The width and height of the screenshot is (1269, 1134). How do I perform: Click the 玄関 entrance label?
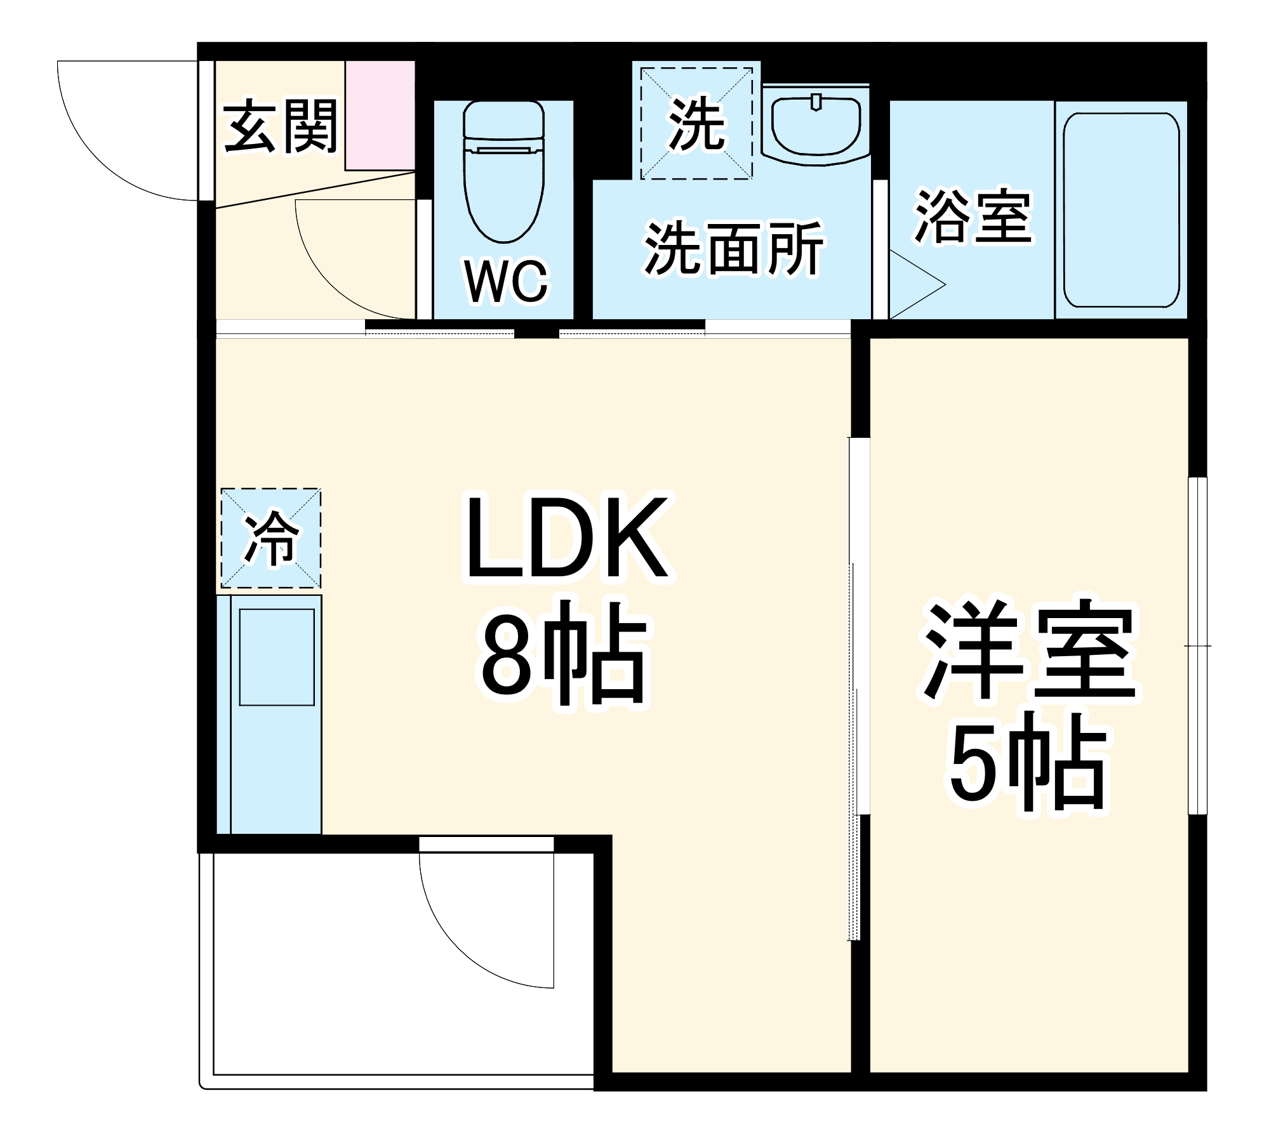tap(280, 126)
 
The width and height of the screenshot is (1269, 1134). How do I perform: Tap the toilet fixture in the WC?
tap(504, 171)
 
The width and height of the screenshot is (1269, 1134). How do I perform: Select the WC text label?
tap(506, 281)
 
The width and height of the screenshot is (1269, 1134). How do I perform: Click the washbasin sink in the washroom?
tap(816, 125)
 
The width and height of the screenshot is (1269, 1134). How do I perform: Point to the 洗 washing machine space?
tap(696, 123)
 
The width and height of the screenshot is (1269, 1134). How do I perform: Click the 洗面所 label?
tap(733, 249)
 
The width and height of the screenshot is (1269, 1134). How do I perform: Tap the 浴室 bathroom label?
tap(973, 217)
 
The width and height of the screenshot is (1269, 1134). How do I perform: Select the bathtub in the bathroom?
tap(1121, 210)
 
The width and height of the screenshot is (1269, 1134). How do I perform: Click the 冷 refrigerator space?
tap(271, 538)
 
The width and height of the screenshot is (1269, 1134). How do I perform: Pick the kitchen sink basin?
tap(277, 657)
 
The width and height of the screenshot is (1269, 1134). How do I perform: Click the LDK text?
tap(567, 538)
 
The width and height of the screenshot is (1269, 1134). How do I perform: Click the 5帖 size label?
tap(1026, 763)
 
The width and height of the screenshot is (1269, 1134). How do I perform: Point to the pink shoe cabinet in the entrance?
tap(380, 115)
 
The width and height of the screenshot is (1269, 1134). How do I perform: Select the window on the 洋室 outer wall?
tap(1197, 645)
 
